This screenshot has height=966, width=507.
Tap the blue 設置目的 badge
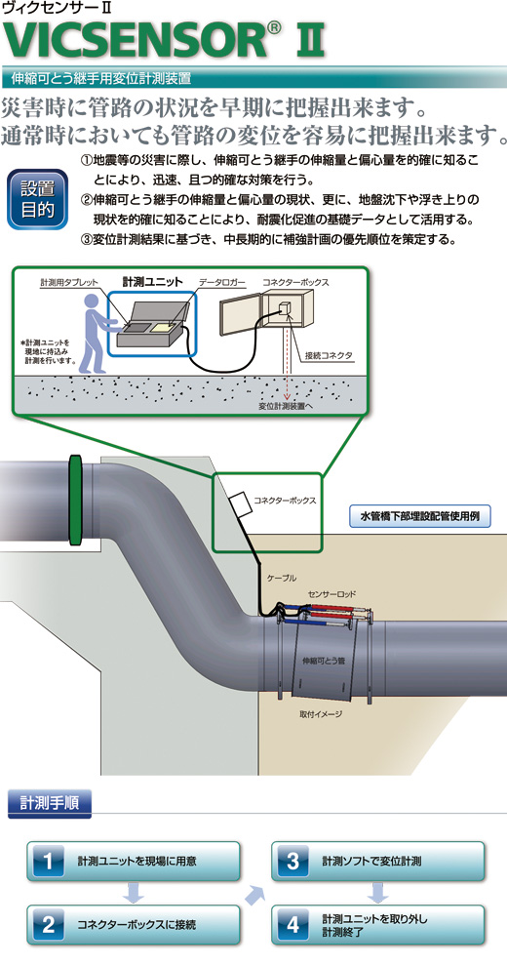37,200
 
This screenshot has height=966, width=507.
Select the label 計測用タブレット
69,282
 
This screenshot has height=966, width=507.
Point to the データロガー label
222,282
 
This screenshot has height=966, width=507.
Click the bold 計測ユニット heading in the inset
153,282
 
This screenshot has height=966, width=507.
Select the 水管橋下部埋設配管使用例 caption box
420,516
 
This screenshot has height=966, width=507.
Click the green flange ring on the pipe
75,501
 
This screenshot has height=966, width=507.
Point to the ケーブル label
282,578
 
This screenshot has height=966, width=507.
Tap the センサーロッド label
332,594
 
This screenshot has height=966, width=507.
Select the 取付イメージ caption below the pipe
321,714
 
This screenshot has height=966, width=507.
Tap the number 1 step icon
48,861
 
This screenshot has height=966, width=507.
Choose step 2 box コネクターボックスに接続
134,924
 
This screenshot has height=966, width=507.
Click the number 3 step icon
293,861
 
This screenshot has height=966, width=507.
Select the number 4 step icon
293,924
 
